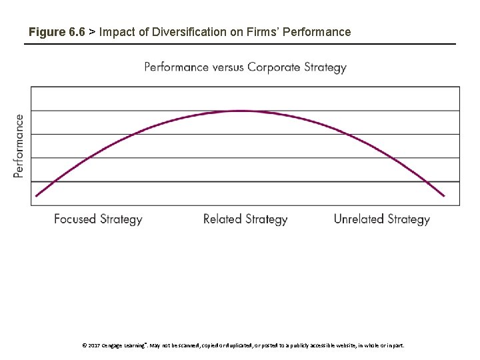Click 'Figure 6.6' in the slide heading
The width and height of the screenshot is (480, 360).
pyautogui.click(x=57, y=32)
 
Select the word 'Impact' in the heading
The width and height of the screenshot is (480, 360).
pyautogui.click(x=116, y=32)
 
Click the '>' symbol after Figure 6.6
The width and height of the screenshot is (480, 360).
pyautogui.click(x=92, y=32)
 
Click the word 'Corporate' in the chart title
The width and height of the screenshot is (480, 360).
pyautogui.click(x=274, y=67)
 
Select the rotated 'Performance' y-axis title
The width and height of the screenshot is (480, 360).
pyautogui.click(x=19, y=145)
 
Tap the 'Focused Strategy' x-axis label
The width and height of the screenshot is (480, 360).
pyautogui.click(x=98, y=219)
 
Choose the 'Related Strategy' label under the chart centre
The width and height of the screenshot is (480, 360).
pyautogui.click(x=245, y=219)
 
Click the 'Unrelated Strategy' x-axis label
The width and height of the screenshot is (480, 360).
pyautogui.click(x=381, y=219)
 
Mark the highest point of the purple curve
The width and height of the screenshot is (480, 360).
pyautogui.click(x=240, y=111)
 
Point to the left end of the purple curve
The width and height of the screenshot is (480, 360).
pyautogui.click(x=37, y=195)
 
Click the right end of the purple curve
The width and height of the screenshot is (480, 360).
pyautogui.click(x=443, y=195)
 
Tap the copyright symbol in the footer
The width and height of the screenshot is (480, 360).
pyautogui.click(x=84, y=346)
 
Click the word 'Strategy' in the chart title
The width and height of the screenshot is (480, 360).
pyautogui.click(x=324, y=67)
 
